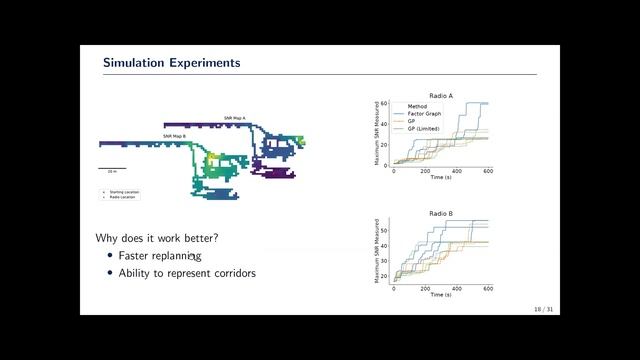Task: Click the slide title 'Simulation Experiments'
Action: coord(171,63)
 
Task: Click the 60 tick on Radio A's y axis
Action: coord(384,103)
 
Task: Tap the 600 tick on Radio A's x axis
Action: coord(488,170)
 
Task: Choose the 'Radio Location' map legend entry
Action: coord(121,197)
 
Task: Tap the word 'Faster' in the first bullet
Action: coord(137,256)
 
